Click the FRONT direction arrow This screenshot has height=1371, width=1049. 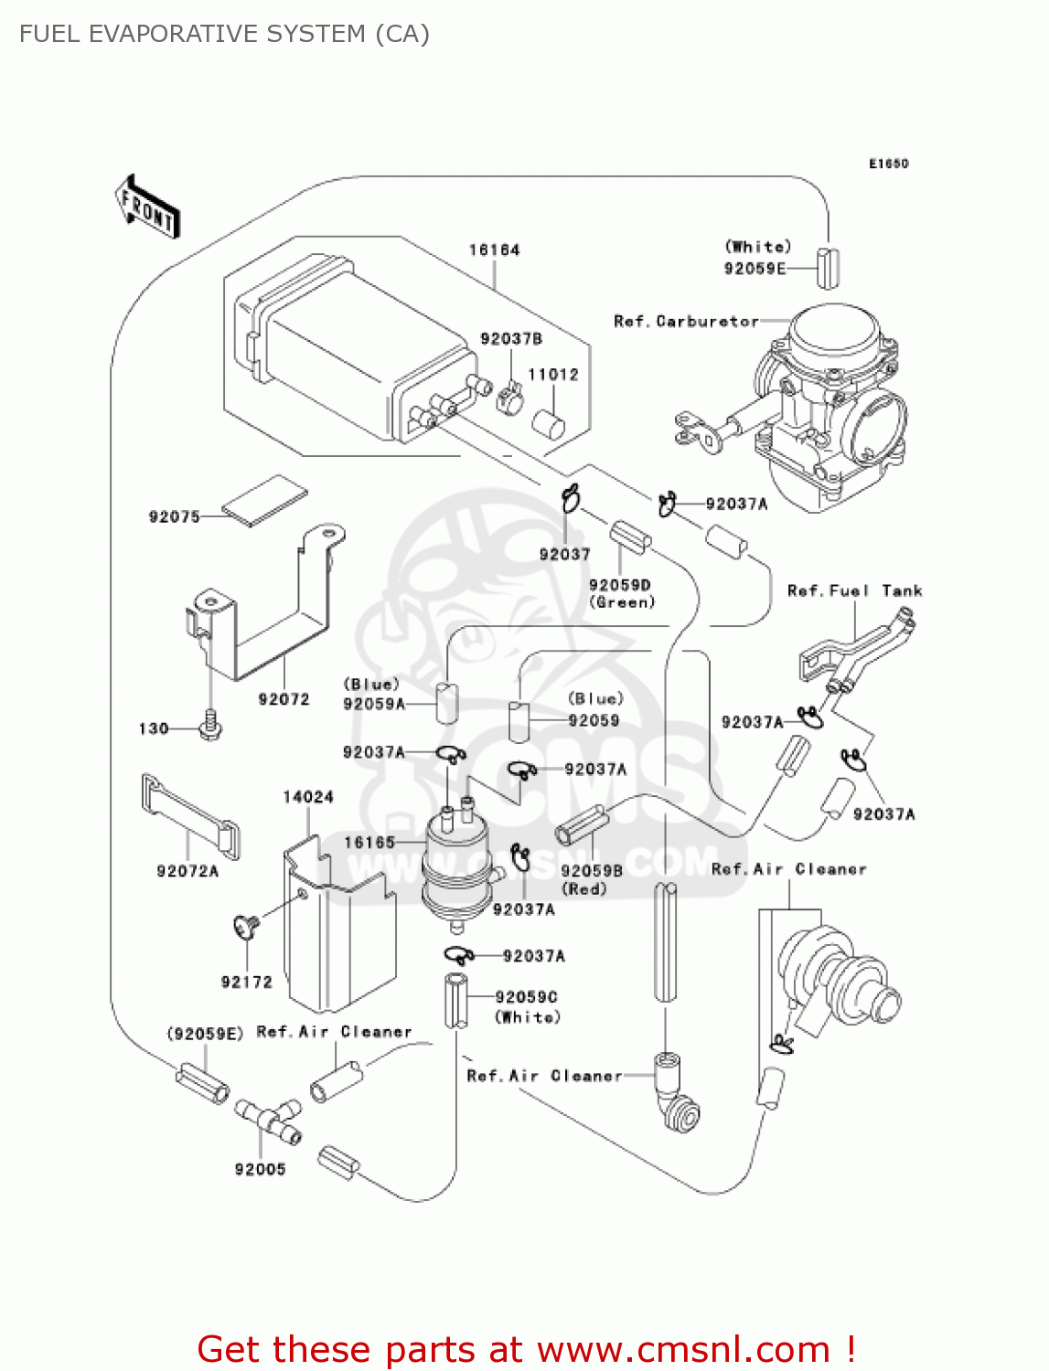(x=146, y=207)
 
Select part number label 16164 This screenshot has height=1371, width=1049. (x=494, y=250)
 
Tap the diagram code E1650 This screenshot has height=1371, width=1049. (x=888, y=164)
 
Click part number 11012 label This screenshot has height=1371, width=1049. (x=552, y=375)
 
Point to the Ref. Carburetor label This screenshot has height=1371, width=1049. (x=686, y=322)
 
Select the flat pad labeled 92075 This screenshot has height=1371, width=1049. (x=264, y=500)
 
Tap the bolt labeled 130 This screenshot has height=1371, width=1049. (x=210, y=727)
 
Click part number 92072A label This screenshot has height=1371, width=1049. (x=187, y=871)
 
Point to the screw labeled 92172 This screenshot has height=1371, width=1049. (x=246, y=927)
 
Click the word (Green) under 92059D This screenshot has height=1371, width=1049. (x=622, y=602)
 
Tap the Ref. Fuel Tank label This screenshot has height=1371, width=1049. (x=854, y=591)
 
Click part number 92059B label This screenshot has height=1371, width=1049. (x=591, y=871)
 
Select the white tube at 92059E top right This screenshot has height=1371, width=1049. (x=828, y=267)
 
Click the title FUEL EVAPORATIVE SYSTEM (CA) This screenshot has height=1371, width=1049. (x=224, y=34)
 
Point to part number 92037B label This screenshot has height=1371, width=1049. (x=510, y=339)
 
